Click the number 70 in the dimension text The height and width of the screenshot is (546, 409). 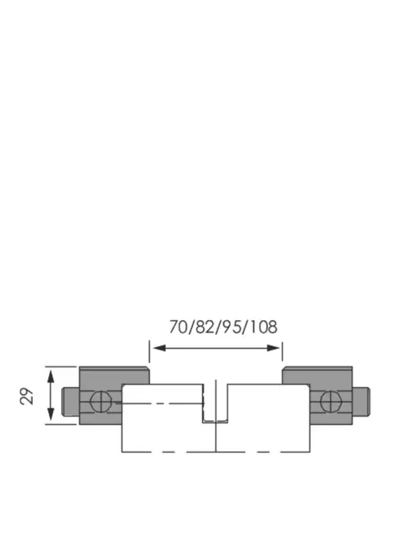click(178, 327)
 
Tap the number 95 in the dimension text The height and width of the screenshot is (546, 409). click(231, 327)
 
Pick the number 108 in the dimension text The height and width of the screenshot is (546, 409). click(263, 327)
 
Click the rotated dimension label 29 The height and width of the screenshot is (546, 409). click(27, 396)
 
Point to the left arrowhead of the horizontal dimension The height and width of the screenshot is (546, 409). click(160, 348)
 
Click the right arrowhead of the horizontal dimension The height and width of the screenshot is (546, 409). click(273, 348)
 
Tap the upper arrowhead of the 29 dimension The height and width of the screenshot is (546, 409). click(51, 377)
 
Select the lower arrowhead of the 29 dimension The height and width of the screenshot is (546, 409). click(51, 414)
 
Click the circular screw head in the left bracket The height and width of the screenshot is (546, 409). click(101, 401)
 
